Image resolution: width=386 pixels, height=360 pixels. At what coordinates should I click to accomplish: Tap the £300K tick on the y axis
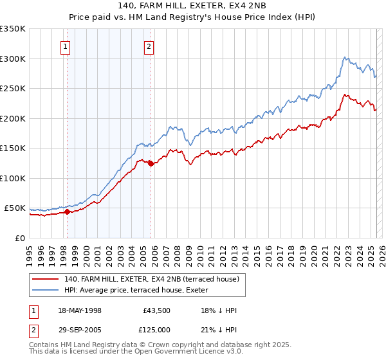pos(13,59)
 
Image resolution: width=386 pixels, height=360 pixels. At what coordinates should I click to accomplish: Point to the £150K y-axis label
pos(13,148)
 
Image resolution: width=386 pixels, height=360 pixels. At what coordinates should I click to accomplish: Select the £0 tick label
pos(21,238)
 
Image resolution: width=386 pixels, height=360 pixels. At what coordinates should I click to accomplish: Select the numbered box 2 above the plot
pos(149,46)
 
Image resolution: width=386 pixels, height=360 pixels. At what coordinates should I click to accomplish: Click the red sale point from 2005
pos(151,163)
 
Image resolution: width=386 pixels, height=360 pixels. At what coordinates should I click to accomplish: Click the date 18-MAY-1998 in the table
pos(80,311)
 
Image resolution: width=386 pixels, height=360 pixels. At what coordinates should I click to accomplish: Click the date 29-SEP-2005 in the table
pos(80,329)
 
